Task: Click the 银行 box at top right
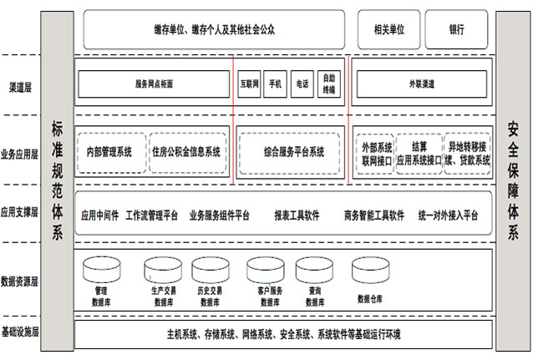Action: coord(456,29)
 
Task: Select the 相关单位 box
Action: coord(389,29)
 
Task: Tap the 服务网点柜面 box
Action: coord(154,84)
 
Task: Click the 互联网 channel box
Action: coord(250,84)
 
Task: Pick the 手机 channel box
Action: coord(276,84)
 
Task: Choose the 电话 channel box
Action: coord(302,84)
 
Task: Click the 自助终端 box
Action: coord(329,84)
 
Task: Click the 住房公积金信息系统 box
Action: coord(186,151)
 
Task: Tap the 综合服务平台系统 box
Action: coord(289,151)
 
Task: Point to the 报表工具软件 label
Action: coord(297,215)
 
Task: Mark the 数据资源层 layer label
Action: coord(22,281)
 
